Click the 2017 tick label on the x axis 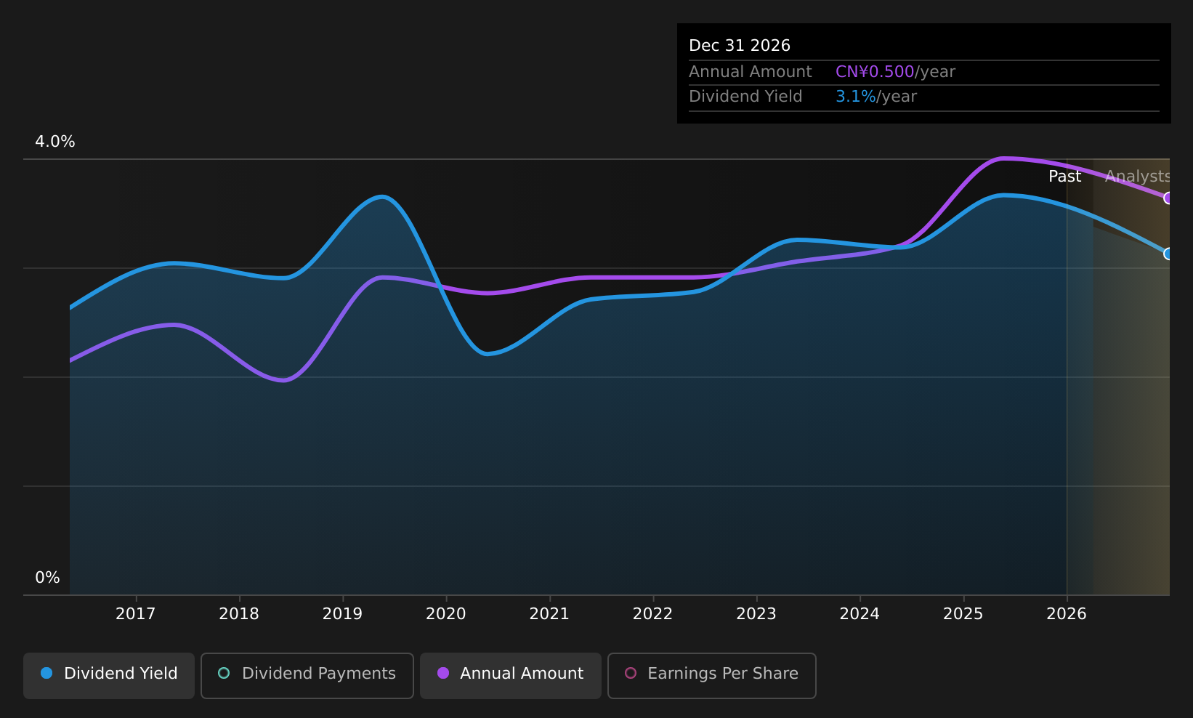click(x=136, y=614)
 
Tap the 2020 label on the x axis click(x=445, y=614)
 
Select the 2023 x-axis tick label click(x=756, y=614)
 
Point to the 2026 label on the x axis click(x=1066, y=614)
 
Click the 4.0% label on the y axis click(x=55, y=142)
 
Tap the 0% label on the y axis click(x=47, y=578)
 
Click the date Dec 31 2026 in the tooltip click(x=739, y=46)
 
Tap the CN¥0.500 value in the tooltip click(x=875, y=72)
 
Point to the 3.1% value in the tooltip click(x=855, y=97)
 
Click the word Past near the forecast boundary click(x=1064, y=177)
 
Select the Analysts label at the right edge click(x=1137, y=177)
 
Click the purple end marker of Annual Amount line click(x=1168, y=198)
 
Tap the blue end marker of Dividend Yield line click(x=1168, y=254)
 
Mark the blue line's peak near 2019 click(x=381, y=196)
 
